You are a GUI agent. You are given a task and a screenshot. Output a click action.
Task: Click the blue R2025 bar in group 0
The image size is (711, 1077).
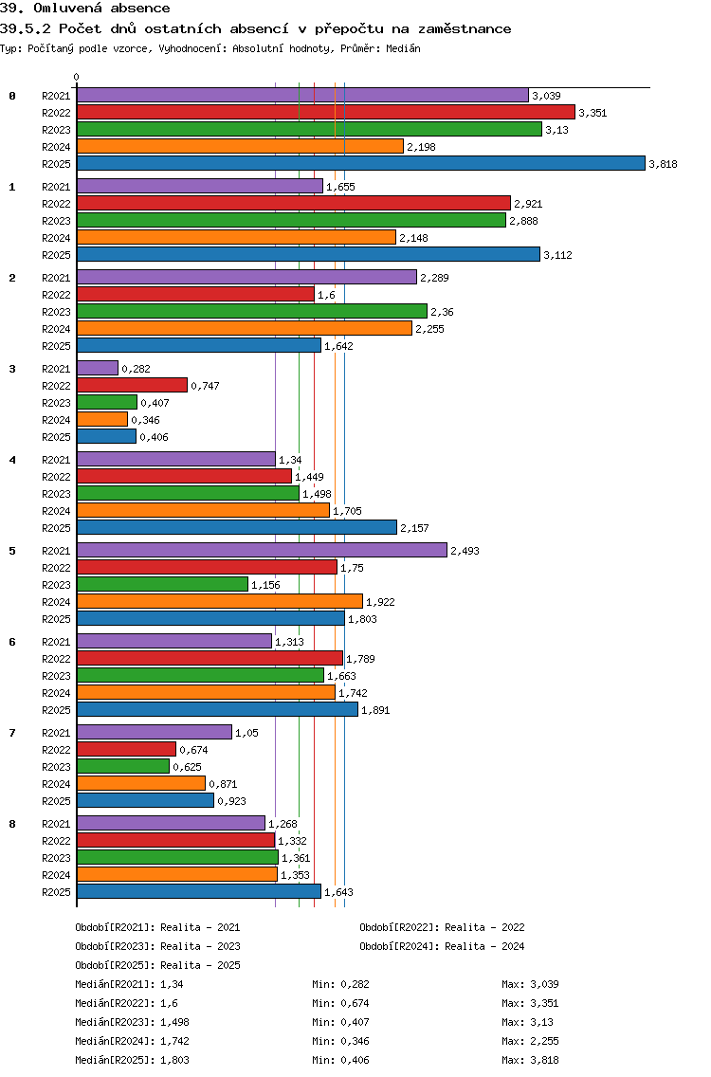360,163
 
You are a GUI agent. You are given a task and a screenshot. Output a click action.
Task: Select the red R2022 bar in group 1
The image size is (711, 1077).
293,203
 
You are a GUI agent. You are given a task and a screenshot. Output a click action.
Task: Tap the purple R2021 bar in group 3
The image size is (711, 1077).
97,368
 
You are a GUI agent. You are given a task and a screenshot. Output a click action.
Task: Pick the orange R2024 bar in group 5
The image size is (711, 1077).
219,601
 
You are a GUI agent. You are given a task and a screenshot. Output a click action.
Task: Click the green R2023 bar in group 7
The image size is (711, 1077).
122,766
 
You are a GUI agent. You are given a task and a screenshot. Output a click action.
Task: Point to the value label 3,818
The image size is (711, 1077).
663,164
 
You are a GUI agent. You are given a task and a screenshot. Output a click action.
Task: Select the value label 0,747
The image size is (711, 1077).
206,386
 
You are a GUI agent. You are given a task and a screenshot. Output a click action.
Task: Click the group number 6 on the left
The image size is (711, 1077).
12,642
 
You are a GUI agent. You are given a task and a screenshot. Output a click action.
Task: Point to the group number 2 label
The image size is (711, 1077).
12,278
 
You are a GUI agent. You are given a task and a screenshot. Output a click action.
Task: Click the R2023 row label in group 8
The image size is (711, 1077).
56,858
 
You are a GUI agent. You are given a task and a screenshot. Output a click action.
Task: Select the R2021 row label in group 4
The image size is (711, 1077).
56,460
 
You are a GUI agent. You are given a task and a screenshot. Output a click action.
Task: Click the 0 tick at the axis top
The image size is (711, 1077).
77,77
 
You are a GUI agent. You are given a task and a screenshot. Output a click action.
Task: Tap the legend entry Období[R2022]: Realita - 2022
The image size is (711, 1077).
442,927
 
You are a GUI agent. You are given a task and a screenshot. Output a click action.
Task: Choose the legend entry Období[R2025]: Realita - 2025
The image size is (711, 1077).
157,965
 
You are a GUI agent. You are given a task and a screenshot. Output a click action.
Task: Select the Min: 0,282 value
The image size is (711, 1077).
340,984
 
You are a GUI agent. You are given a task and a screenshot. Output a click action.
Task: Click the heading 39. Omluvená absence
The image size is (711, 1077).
85,9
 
